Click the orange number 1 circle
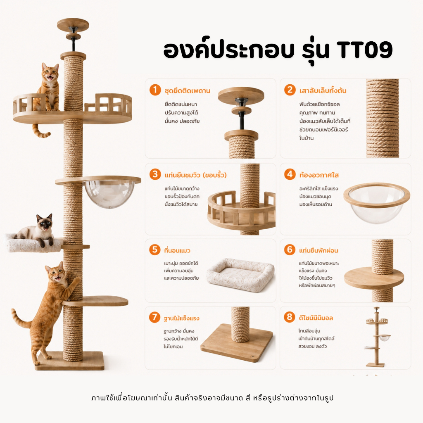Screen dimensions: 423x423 click(x=155, y=90)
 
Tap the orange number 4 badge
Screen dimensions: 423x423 click(x=290, y=174)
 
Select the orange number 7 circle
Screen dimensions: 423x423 click(x=154, y=317)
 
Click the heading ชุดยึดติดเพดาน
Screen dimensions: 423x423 click(x=187, y=90)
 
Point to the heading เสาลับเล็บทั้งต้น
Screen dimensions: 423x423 click(x=323, y=90)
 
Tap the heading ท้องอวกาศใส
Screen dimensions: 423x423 click(x=319, y=175)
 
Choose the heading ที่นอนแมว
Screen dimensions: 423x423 click(x=177, y=250)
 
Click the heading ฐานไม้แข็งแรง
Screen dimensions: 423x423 click(x=182, y=318)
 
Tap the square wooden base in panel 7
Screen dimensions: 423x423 click(x=237, y=342)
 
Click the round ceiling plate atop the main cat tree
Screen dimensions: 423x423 click(x=73, y=24)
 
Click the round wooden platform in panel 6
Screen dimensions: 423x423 click(x=374, y=278)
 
